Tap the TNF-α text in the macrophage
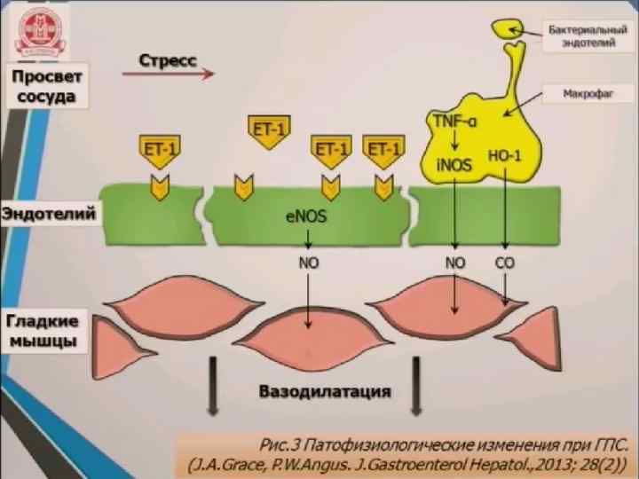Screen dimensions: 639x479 pos(454,120)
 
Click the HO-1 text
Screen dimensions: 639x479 pos(505,158)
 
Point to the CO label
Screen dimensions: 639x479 pos(505,263)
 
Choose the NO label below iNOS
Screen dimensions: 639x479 pos(454,263)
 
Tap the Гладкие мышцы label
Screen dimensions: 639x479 pos(43,330)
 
